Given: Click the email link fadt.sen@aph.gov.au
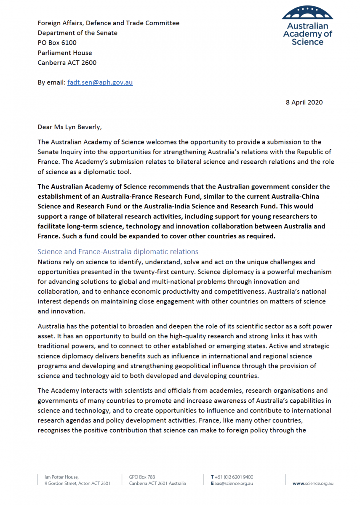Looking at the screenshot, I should coord(100,82).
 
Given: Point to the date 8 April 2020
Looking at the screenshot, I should coord(304,102).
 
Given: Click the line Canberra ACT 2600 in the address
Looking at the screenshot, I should coord(67,63).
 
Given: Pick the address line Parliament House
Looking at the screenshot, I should coord(64,53).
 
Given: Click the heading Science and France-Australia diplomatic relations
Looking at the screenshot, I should coord(118,252).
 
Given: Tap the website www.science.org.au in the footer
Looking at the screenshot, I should coord(313,484).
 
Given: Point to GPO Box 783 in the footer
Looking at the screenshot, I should coord(142,477).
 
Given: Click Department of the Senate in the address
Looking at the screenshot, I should coord(77,33).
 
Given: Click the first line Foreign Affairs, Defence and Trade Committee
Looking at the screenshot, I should coord(108,23).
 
